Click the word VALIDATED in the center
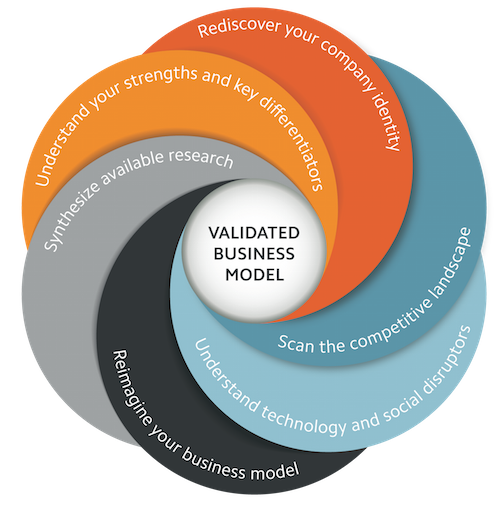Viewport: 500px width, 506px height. (x=254, y=233)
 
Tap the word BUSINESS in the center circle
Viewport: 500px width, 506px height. (x=254, y=254)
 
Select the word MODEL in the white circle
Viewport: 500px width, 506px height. (x=255, y=275)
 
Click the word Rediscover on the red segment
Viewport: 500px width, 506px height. (x=238, y=26)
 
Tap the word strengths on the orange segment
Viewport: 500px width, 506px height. (x=161, y=78)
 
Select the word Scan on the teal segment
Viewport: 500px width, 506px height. (x=296, y=343)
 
